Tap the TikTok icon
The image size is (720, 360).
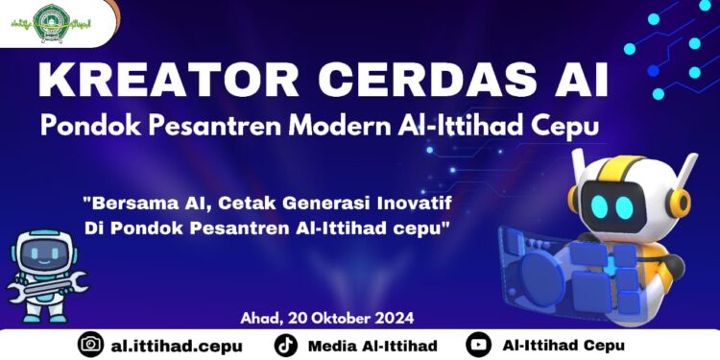[285, 345]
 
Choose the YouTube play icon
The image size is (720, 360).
[477, 345]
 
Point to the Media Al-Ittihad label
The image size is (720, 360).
[373, 345]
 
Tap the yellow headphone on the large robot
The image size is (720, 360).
[684, 203]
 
